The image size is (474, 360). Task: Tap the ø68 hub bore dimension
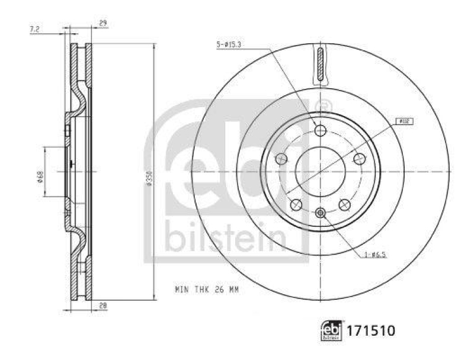40,176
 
